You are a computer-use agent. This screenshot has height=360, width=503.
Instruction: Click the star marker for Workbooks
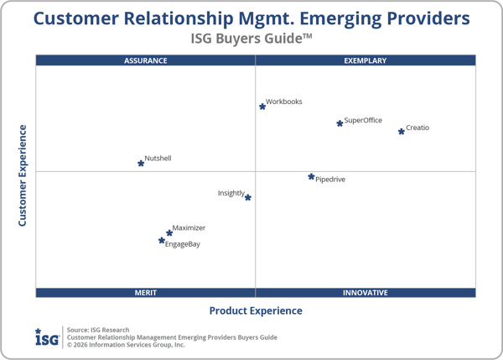(262, 107)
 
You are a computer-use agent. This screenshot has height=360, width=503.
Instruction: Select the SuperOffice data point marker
(340, 123)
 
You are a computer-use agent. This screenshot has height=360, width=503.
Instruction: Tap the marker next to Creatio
(402, 131)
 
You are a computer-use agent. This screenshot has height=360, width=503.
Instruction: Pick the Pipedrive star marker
(311, 177)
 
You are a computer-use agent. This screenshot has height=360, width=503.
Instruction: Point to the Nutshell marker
(141, 163)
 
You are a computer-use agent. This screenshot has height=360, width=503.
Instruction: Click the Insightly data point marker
(248, 198)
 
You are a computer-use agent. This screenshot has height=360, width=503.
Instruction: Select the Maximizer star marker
(169, 233)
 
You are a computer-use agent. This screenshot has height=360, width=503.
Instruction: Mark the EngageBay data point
(162, 241)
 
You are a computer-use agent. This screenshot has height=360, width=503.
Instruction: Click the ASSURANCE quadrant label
(146, 60)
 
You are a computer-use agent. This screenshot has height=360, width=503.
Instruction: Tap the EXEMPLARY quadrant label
(366, 60)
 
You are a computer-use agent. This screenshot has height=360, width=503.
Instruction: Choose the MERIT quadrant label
(146, 293)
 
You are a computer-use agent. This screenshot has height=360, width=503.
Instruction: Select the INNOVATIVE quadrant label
(366, 293)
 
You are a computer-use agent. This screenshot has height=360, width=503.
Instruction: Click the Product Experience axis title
(256, 310)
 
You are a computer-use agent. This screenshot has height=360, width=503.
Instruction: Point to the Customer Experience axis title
(23, 175)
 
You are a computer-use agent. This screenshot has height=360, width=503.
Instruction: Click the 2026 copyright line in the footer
(126, 344)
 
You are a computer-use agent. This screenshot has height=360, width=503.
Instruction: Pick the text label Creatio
(417, 128)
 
